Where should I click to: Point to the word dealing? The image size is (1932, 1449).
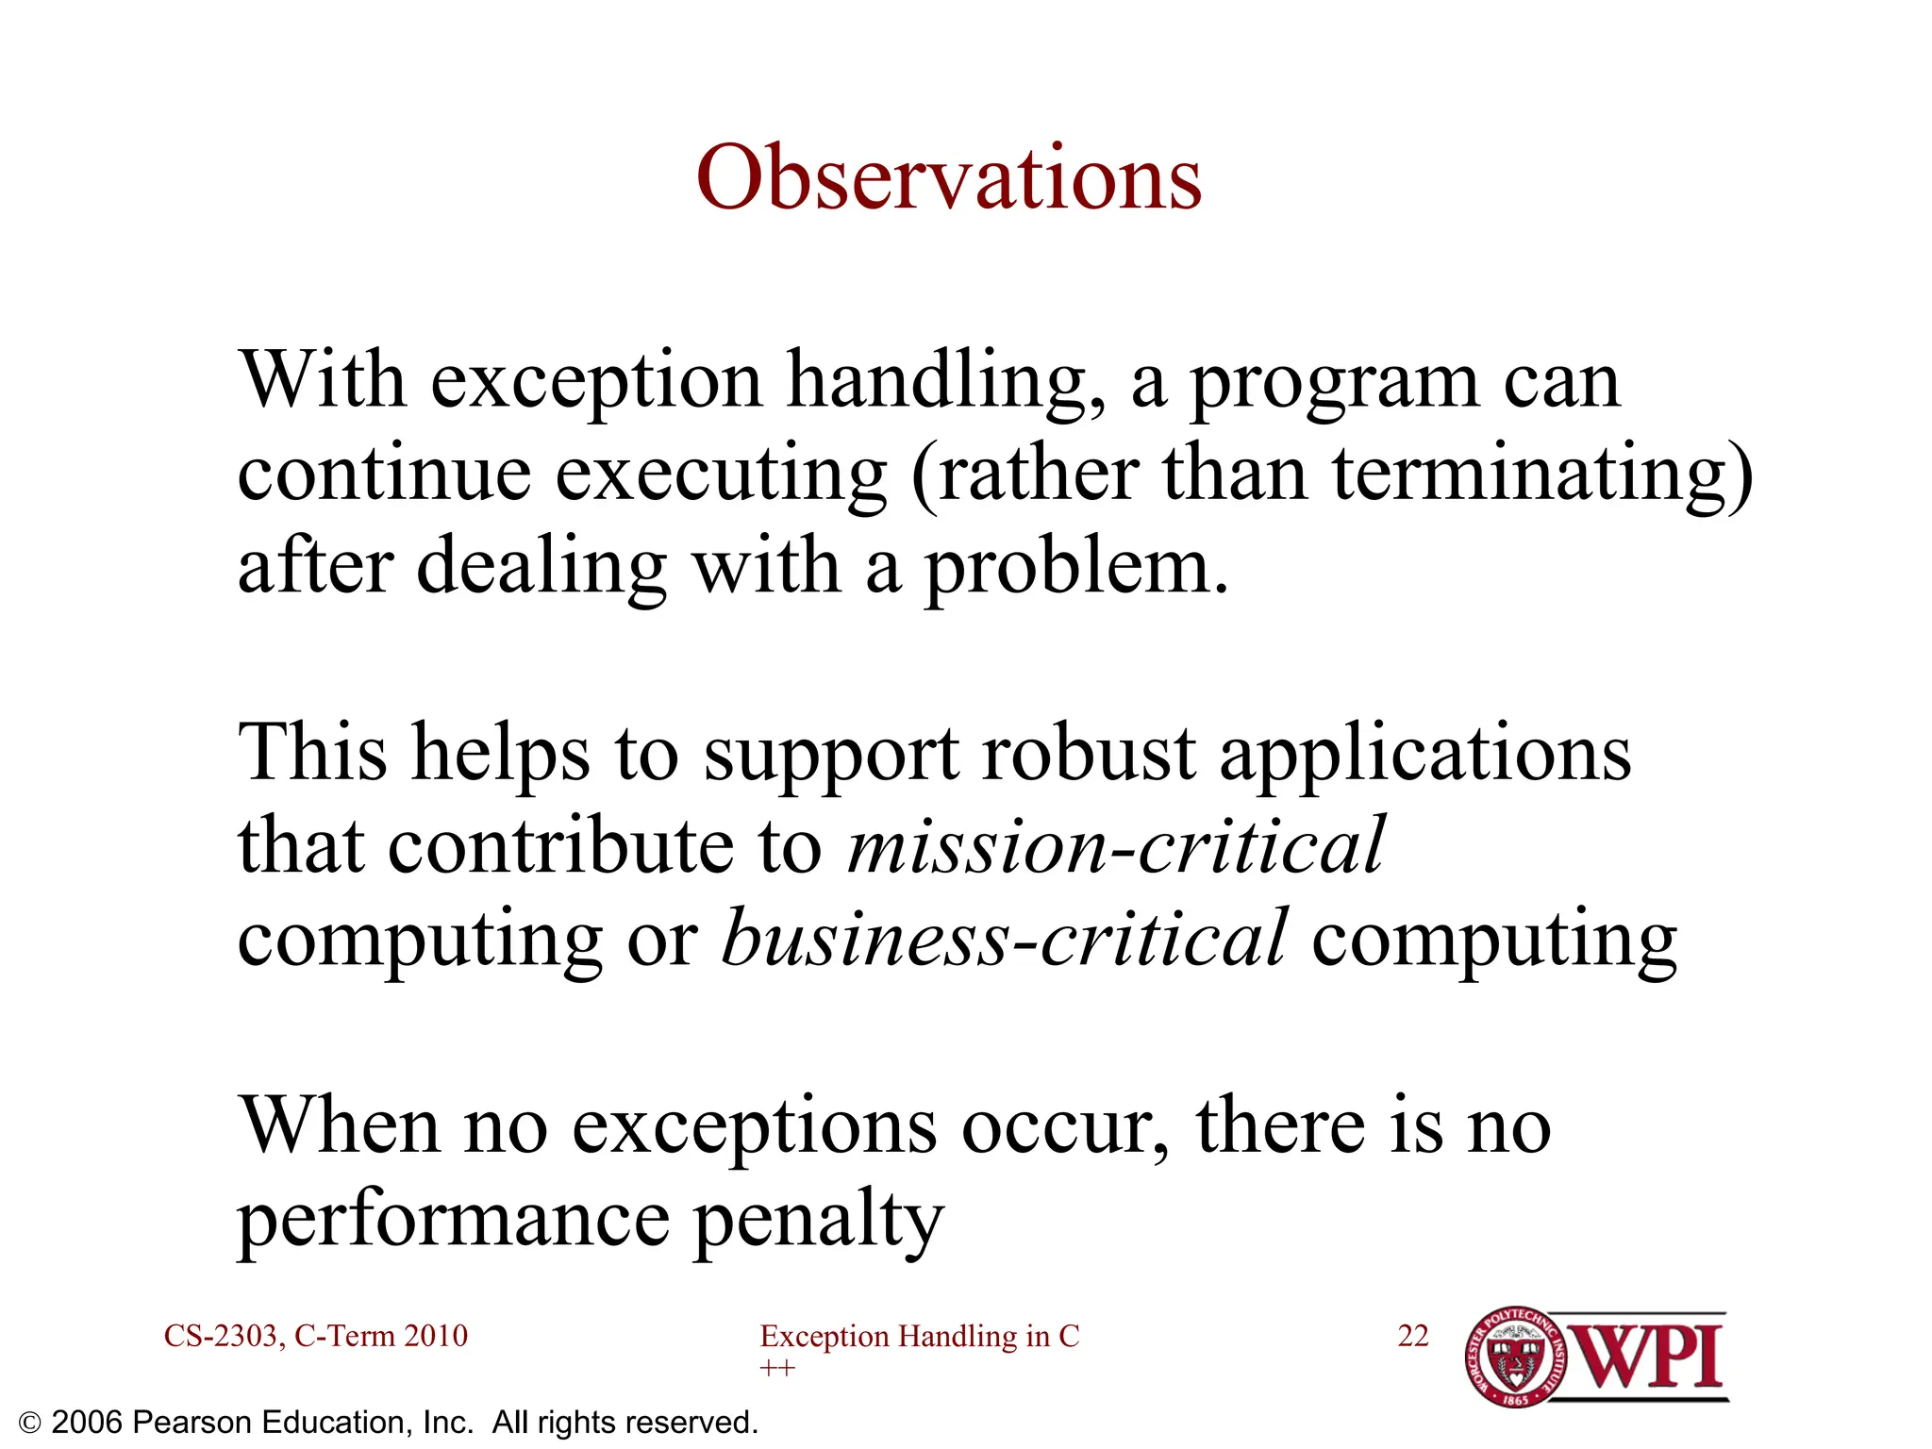pos(541,568)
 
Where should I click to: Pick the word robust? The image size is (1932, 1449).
pos(1089,753)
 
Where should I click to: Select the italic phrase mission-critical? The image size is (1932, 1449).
pos(1115,844)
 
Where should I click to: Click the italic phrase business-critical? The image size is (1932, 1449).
pos(1004,937)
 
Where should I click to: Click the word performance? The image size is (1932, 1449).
pos(453,1219)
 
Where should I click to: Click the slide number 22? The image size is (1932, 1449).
pos(1413,1336)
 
